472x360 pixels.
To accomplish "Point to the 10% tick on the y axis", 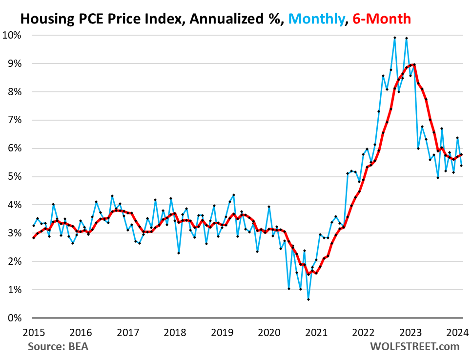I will click(x=13, y=35).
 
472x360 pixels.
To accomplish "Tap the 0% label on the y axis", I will click(x=15, y=318).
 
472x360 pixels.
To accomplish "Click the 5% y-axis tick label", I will click(x=15, y=176).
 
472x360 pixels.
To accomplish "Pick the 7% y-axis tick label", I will click(x=15, y=120).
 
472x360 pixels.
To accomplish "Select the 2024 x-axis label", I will click(x=458, y=333).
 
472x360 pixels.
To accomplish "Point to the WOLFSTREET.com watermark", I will click(x=414, y=347).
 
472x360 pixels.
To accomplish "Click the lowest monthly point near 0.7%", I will click(x=308, y=299).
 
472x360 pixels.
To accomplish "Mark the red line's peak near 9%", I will click(x=414, y=64).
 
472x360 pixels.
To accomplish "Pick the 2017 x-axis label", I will click(x=128, y=333).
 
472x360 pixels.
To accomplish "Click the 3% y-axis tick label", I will click(x=15, y=233).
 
